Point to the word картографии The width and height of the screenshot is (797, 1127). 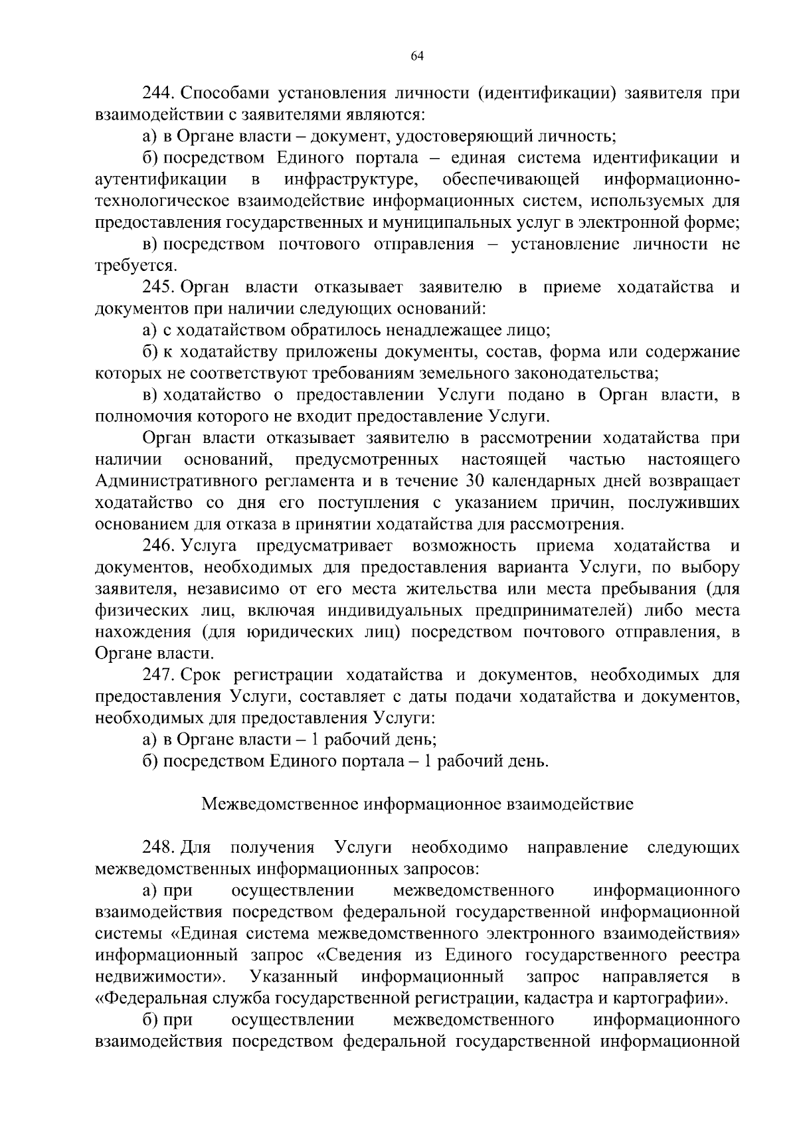pyautogui.click(x=669, y=998)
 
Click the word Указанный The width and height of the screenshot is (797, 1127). pyautogui.click(x=294, y=977)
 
